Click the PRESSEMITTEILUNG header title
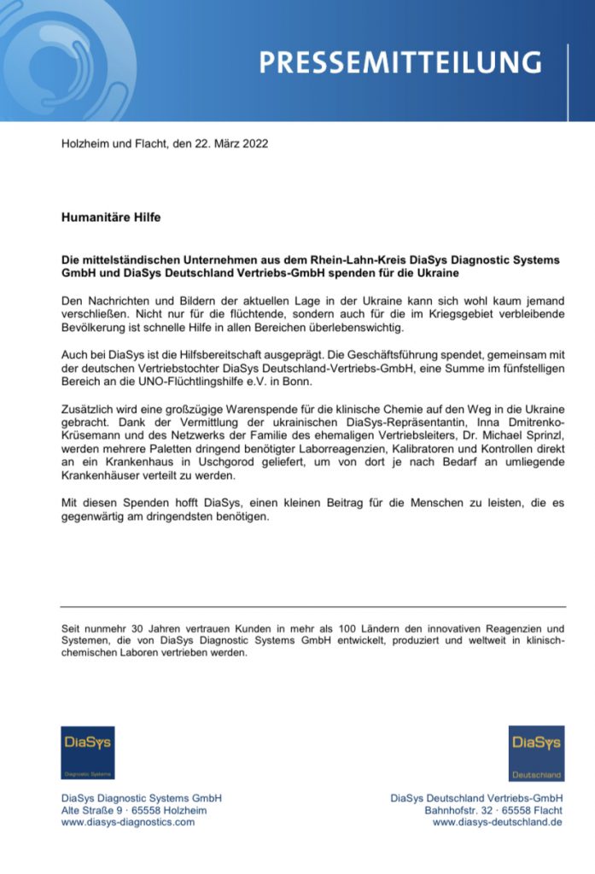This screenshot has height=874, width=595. tap(400, 62)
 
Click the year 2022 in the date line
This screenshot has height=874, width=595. tap(254, 143)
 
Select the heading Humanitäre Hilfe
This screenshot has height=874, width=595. tap(111, 217)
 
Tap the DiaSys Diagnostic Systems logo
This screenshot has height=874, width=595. tap(87, 752)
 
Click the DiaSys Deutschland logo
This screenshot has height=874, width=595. tap(536, 752)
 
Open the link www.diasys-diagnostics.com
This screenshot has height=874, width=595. tap(128, 822)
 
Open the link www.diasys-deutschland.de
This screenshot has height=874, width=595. tap(497, 822)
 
